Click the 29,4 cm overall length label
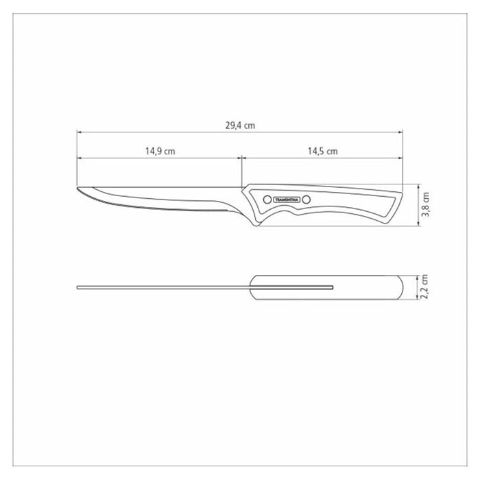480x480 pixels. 240,125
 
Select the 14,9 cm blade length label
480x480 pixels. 160,152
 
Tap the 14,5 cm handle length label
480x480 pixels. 323,152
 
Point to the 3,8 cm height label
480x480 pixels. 426,204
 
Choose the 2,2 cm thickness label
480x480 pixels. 424,287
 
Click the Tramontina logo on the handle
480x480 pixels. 287,200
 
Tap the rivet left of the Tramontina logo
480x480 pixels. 267,200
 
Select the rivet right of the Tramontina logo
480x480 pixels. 306,200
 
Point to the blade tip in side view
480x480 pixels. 77,188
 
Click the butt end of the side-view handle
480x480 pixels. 403,193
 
